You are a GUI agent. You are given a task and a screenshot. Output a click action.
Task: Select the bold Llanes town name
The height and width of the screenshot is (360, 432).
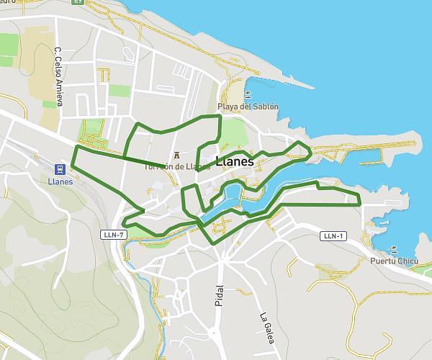click(235, 161)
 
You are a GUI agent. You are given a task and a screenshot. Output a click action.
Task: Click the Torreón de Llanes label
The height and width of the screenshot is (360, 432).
click(176, 166)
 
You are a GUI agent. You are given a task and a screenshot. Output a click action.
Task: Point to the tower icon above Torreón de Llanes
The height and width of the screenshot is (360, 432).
click(177, 154)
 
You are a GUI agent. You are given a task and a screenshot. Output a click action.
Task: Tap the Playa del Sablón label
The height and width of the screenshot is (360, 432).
click(248, 107)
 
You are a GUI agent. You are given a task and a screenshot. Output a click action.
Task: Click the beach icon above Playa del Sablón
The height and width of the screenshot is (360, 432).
click(247, 94)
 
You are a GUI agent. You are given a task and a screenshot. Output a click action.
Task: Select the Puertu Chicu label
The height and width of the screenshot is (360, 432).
click(392, 261)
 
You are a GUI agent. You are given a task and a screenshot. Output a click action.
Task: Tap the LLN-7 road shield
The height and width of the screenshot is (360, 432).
click(114, 235)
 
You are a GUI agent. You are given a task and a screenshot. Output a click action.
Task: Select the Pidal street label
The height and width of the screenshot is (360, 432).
click(220, 294)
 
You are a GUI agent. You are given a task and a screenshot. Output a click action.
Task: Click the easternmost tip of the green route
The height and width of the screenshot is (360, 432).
click(359, 199)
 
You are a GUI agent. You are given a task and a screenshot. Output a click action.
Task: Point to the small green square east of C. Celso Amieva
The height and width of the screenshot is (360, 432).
click(120, 91)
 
